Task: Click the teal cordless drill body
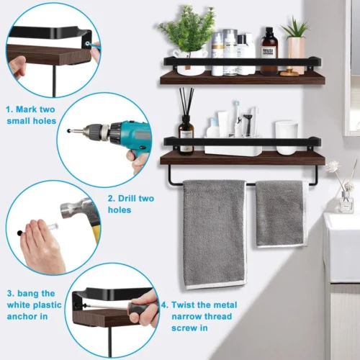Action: (x=135, y=138)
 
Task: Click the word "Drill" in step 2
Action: (x=129, y=199)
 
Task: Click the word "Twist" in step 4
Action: (x=184, y=305)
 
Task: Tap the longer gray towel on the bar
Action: (x=214, y=234)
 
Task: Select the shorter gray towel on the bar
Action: (x=282, y=214)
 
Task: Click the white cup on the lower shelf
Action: (x=287, y=138)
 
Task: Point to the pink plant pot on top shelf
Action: (x=297, y=54)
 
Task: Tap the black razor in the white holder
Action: (x=247, y=125)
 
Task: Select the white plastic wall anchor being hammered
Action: (x=52, y=226)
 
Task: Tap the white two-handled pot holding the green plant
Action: (x=189, y=62)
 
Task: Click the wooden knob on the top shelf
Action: (x=289, y=71)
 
